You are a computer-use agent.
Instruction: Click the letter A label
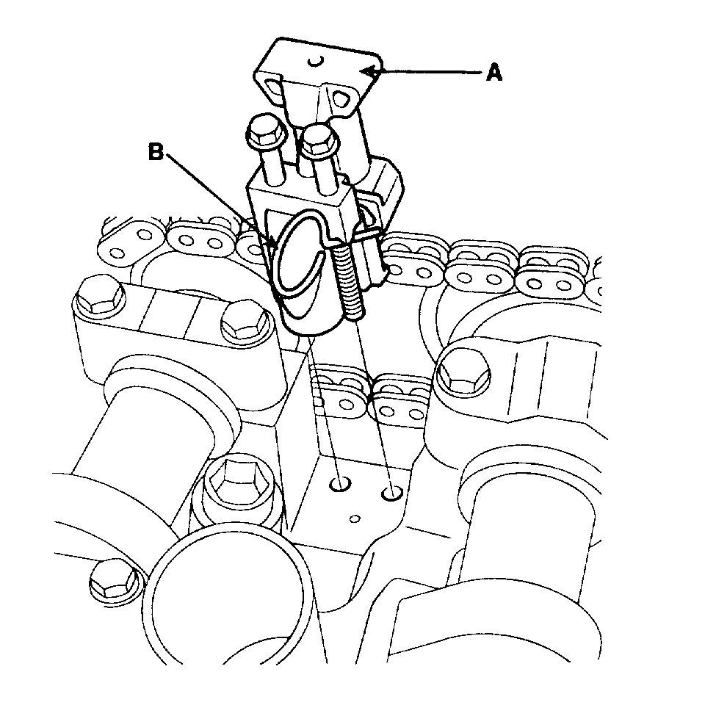point(494,72)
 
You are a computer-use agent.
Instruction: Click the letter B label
point(156,152)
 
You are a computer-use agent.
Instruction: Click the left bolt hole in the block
point(340,485)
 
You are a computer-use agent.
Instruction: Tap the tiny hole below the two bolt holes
point(355,519)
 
